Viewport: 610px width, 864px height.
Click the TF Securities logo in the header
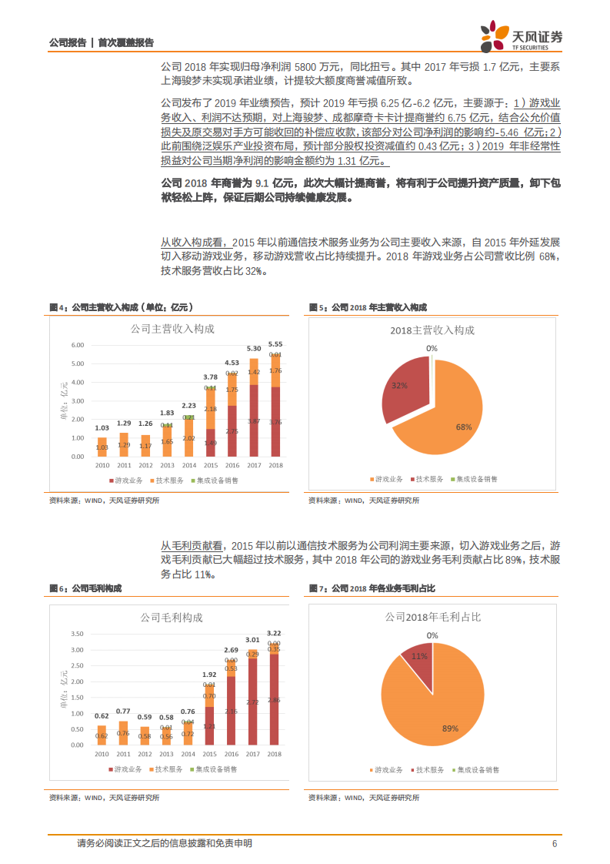point(521,35)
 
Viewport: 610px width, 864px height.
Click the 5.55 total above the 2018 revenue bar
point(275,343)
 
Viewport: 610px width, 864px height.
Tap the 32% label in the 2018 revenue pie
point(398,384)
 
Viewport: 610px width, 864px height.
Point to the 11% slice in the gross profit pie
point(418,656)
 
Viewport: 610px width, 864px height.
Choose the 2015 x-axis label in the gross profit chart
point(209,755)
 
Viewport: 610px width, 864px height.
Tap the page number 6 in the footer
point(554,843)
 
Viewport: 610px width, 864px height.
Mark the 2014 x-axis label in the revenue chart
point(188,466)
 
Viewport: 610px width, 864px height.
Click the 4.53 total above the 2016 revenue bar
point(232,362)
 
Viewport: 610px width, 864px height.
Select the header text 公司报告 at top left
point(67,42)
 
